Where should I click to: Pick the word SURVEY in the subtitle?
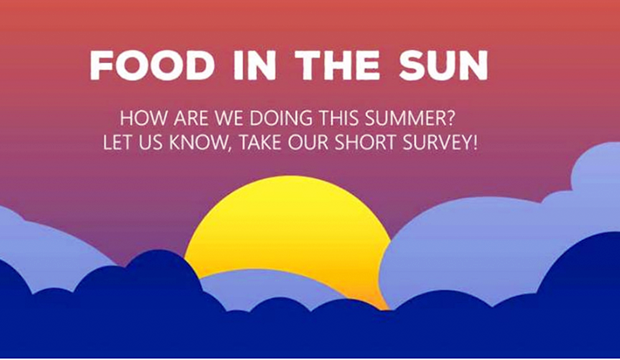pos(436,141)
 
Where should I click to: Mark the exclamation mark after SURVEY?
pos(475,141)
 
